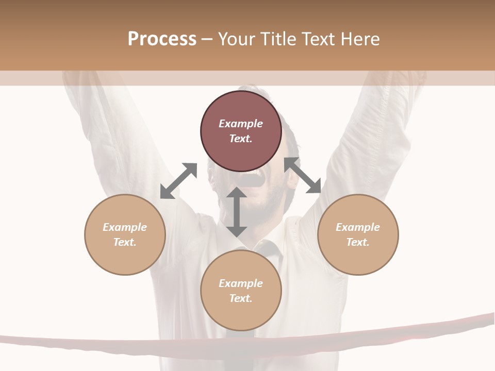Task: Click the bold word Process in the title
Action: tap(162, 39)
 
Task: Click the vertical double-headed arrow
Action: tap(237, 212)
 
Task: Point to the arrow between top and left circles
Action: tap(178, 181)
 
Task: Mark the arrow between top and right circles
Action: tap(303, 175)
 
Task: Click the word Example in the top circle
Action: tap(241, 124)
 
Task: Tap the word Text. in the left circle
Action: tap(125, 242)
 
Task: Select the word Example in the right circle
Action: tap(358, 227)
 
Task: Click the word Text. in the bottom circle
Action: tap(241, 298)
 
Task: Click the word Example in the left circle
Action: tap(125, 227)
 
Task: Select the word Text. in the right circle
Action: tap(358, 242)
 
